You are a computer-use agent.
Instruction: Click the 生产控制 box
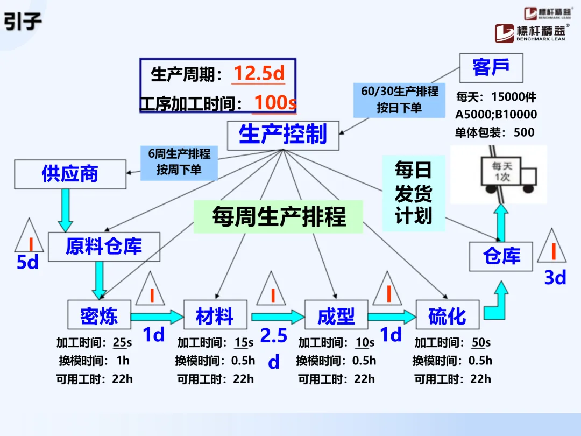283,135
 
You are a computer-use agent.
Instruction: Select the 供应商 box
70,174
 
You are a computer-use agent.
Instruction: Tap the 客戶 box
491,68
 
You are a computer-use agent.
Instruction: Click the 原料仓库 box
104,247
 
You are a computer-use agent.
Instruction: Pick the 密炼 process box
99,316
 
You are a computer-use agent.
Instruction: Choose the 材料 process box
215,316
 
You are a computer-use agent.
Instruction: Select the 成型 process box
336,316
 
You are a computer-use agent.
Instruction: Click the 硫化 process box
447,316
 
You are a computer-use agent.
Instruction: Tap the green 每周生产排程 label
279,217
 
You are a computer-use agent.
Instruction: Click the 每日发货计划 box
414,193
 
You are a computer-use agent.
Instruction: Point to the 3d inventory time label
555,277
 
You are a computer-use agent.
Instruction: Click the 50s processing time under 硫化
480,343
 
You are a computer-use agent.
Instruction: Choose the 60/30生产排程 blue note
399,100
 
